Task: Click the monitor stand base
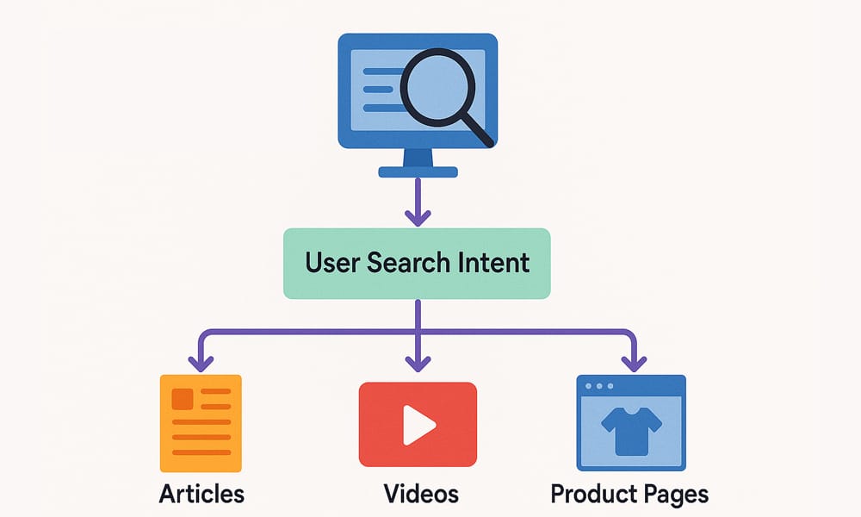[x=418, y=171]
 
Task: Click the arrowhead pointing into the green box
[x=418, y=216]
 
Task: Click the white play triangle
[x=418, y=424]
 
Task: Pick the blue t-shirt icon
[x=631, y=431]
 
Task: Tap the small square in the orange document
[x=183, y=398]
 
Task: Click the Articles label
[x=201, y=494]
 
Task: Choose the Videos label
[x=421, y=494]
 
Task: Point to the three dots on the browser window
[x=599, y=385]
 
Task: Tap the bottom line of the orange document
[x=201, y=452]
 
